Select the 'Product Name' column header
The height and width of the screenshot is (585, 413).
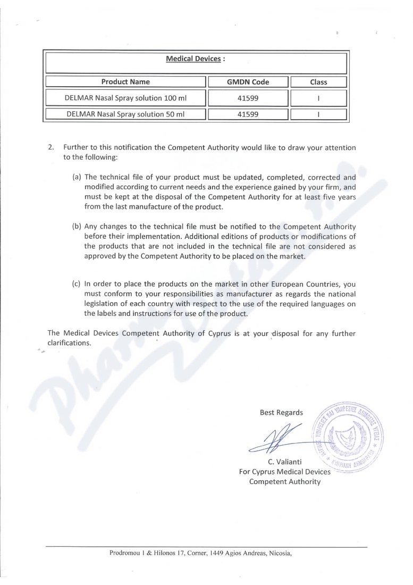125,82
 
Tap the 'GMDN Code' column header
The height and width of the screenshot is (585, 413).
248,82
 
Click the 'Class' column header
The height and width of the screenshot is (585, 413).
318,82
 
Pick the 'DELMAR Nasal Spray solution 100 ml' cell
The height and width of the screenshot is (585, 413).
125,98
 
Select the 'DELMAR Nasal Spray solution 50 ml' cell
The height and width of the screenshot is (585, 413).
125,114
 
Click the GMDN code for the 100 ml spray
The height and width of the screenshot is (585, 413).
248,98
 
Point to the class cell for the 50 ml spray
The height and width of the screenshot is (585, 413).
318,114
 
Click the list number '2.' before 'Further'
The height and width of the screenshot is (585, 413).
51,147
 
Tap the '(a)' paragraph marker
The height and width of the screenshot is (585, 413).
77,177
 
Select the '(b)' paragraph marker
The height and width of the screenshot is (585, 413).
77,227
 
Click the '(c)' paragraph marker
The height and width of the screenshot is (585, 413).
77,283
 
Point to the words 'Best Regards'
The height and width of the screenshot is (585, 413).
281,412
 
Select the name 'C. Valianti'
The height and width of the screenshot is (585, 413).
284,461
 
